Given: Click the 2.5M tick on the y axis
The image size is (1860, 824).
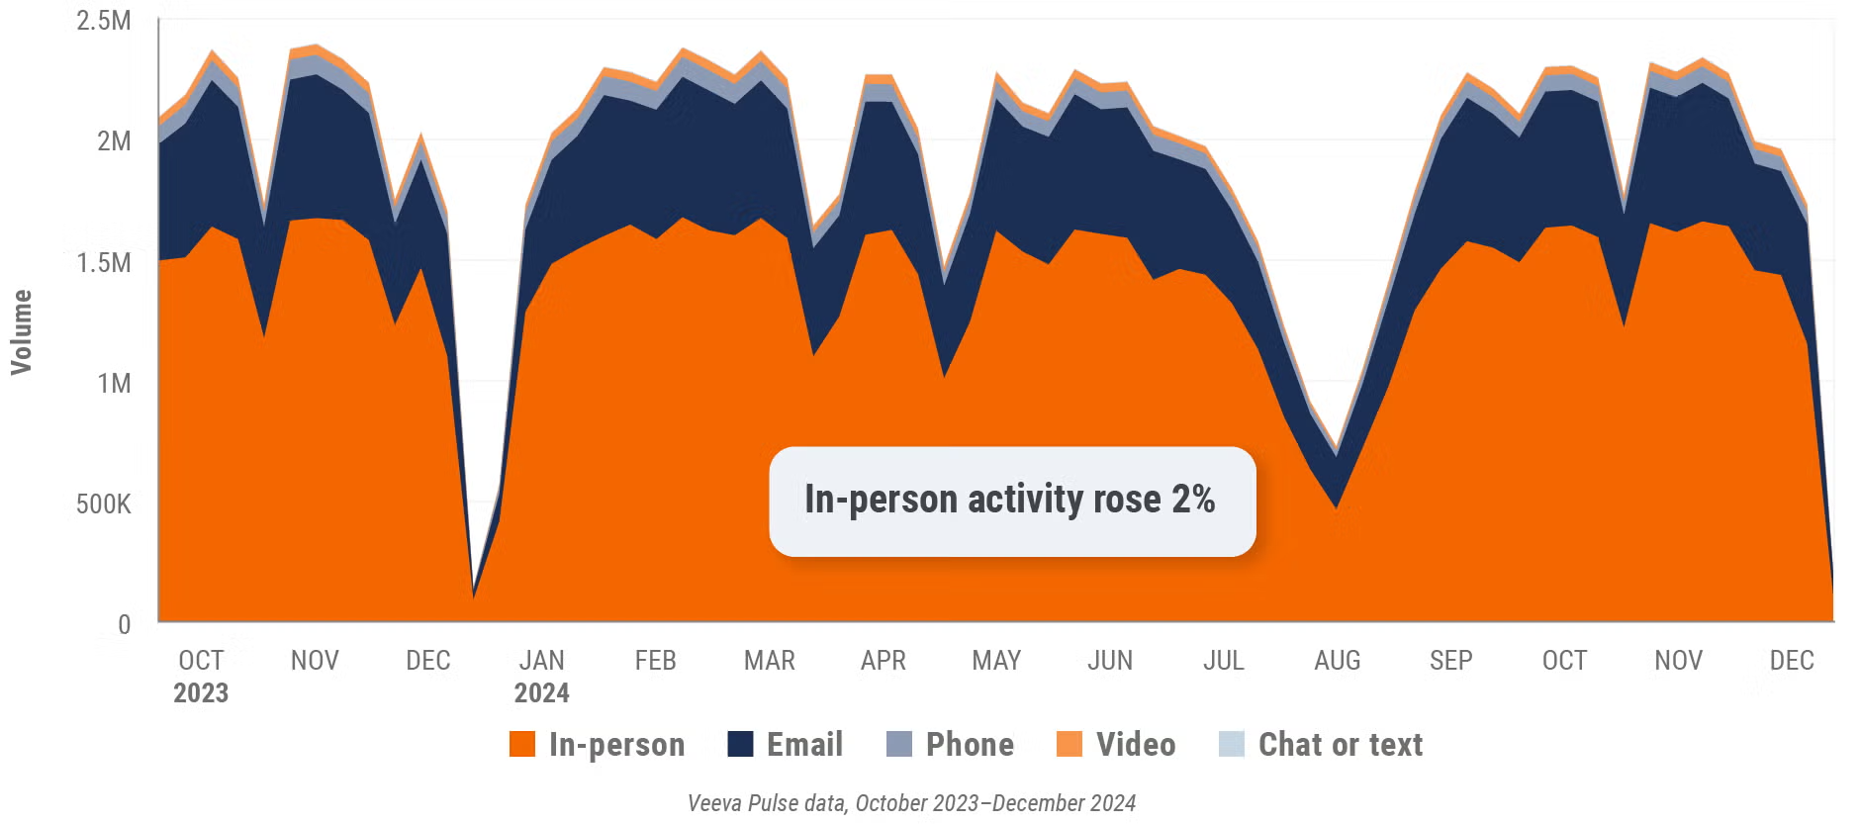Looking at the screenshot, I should click(104, 21).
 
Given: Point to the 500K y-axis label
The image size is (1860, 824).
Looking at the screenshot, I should click(104, 504).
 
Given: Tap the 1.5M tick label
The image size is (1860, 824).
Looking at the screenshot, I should click(104, 263).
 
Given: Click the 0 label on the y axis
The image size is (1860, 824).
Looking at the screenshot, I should click(124, 625).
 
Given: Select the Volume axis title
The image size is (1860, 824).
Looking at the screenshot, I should click(21, 332).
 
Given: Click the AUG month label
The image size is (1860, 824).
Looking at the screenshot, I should click(1337, 661).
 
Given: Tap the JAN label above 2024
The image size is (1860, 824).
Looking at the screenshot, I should click(541, 661).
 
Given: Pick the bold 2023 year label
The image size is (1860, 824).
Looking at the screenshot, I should click(201, 693).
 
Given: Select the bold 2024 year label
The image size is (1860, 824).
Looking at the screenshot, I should click(541, 693).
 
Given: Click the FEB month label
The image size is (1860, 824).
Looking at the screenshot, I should click(655, 661).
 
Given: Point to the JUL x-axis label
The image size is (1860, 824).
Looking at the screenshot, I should click(1223, 661).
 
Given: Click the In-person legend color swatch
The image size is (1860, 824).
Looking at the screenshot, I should click(521, 744).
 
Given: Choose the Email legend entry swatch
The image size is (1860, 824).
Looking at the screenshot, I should click(740, 744).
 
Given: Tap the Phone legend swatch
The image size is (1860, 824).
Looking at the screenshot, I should click(898, 744).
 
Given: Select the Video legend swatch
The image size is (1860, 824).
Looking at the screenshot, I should click(1069, 744).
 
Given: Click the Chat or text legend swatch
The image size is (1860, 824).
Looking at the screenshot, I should click(1232, 744).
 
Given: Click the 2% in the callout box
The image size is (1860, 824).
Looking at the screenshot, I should click(1193, 500).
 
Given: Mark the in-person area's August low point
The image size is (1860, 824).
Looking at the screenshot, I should click(1337, 508).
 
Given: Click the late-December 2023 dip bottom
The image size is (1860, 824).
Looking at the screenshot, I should click(475, 595).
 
